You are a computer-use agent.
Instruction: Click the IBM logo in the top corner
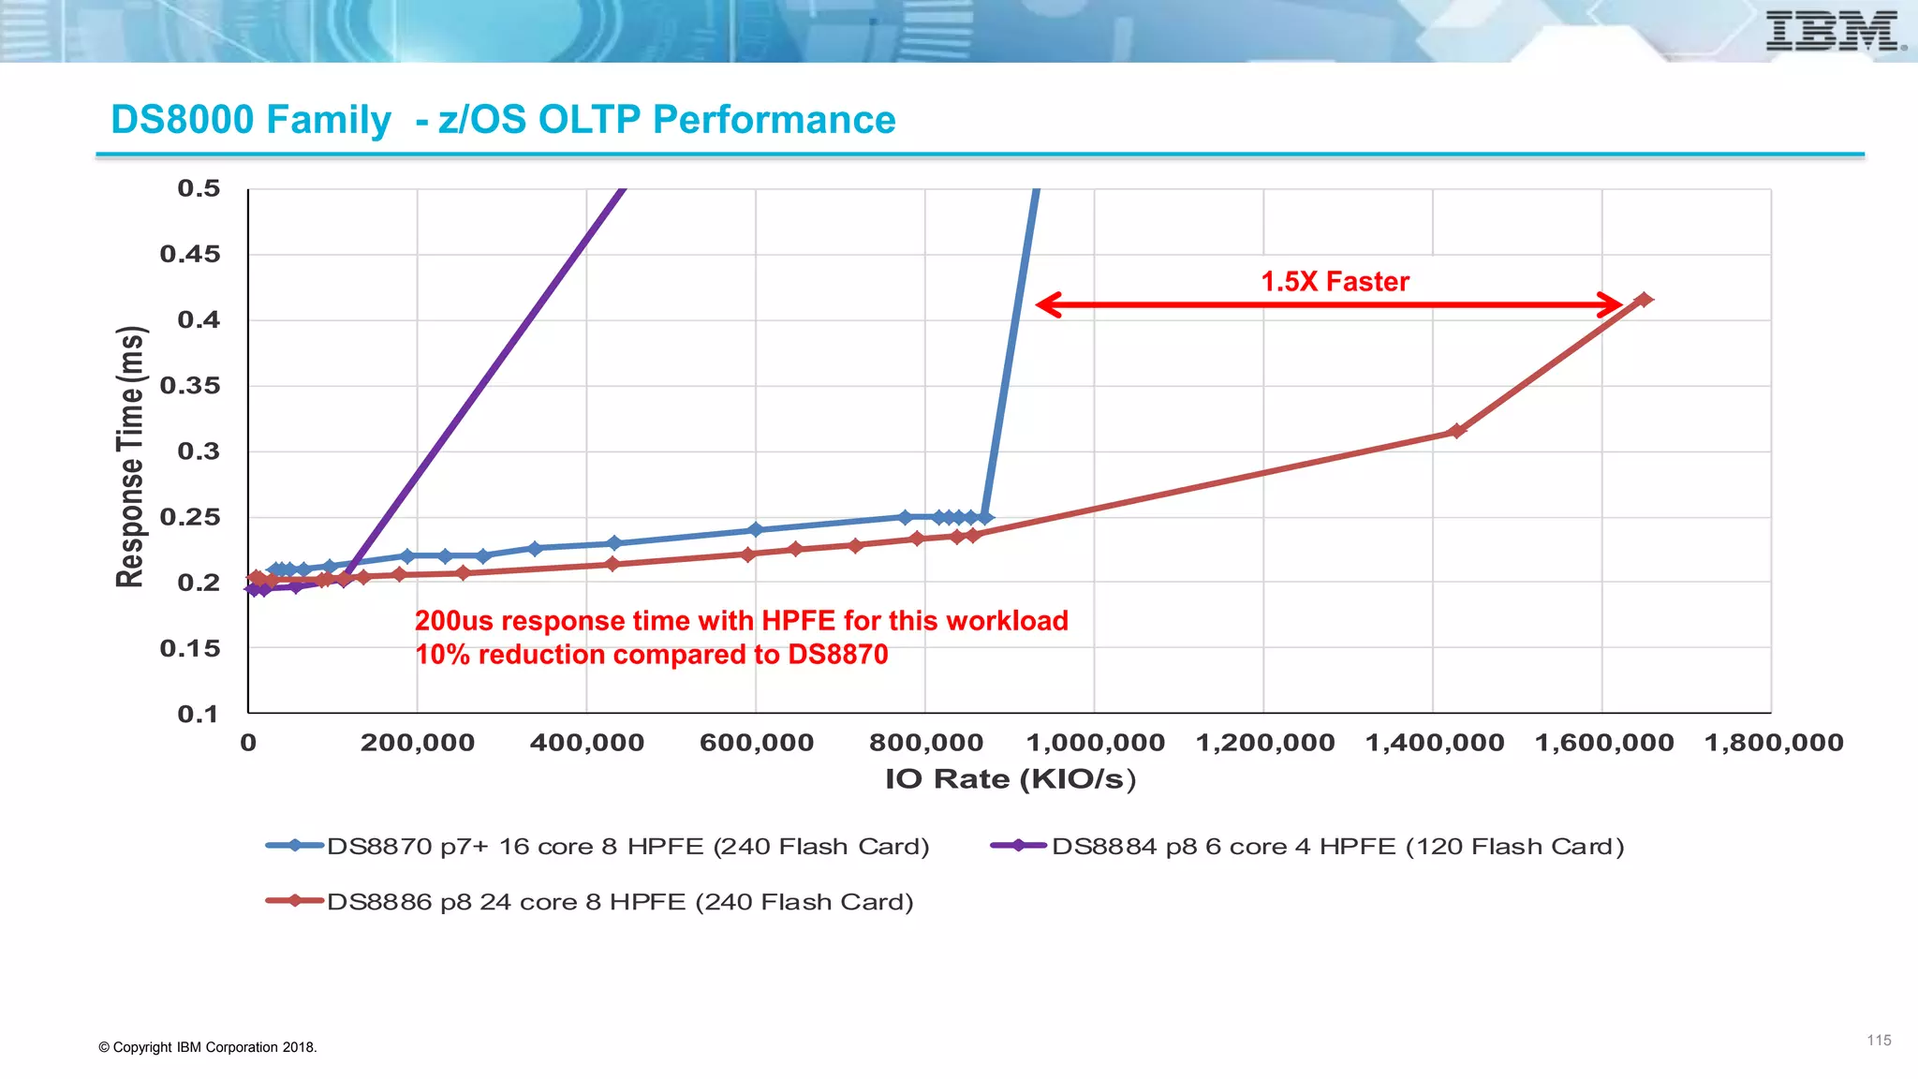[x=1834, y=31]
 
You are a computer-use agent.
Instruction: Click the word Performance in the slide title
[x=774, y=120]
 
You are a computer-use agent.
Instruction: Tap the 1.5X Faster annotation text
[x=1335, y=281]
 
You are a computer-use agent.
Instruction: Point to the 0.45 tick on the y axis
[x=190, y=254]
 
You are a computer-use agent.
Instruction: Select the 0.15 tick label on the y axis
[x=190, y=648]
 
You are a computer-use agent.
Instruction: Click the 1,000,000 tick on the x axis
[x=1096, y=743]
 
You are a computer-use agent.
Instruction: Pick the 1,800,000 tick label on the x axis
[x=1774, y=743]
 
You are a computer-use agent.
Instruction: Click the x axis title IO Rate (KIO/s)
[x=1011, y=779]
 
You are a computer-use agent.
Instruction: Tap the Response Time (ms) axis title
[x=131, y=457]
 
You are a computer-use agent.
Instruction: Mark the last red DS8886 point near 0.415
[x=1644, y=300]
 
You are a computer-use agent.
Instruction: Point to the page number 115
[x=1879, y=1041]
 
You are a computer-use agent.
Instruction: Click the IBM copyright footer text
[x=208, y=1047]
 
